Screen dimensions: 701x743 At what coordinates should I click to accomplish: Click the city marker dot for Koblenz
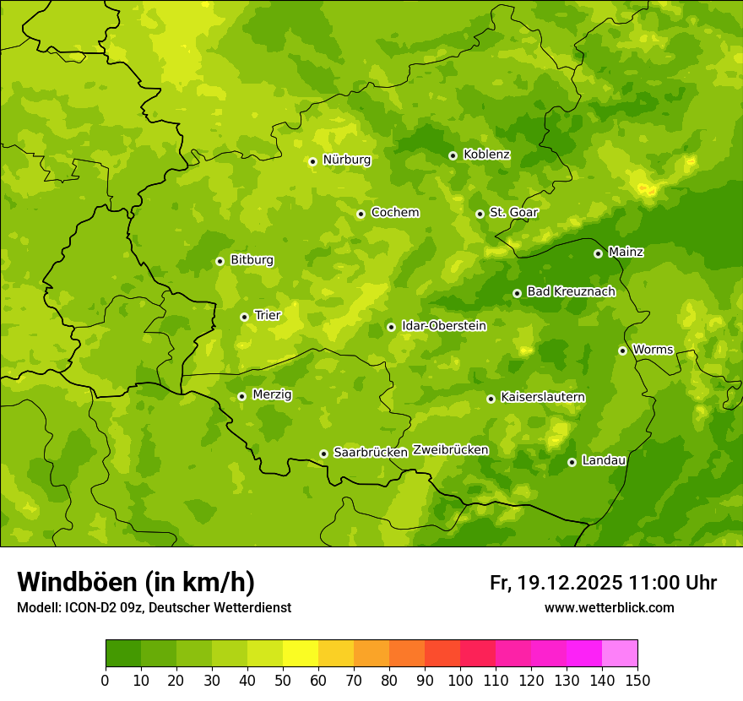453,155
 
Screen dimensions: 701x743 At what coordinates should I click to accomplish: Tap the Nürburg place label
346,160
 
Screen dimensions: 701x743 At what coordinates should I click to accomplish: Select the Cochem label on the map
394,213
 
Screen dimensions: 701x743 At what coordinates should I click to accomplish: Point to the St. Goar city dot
480,214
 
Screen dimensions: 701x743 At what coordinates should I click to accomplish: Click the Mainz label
626,252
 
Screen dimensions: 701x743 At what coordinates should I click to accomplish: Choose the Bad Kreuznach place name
571,291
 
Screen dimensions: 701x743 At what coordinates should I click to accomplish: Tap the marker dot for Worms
622,350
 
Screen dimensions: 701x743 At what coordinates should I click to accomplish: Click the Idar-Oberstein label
443,325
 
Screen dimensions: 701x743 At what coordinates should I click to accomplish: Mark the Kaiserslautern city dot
491,399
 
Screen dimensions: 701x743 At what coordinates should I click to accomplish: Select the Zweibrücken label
450,450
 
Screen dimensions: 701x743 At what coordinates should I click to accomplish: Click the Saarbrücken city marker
323,454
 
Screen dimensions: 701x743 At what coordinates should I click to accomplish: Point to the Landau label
604,460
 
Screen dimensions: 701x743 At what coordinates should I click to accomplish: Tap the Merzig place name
272,394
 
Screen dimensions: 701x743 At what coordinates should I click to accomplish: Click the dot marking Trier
244,317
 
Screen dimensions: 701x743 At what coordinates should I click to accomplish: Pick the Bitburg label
252,260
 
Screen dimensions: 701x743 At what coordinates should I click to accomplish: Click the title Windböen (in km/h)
135,582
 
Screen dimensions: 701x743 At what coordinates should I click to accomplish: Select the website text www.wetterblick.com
609,607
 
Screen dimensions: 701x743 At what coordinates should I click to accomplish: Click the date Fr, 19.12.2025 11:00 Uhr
603,583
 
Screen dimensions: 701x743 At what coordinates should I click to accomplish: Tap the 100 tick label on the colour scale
459,680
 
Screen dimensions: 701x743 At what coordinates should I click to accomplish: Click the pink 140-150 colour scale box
620,653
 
